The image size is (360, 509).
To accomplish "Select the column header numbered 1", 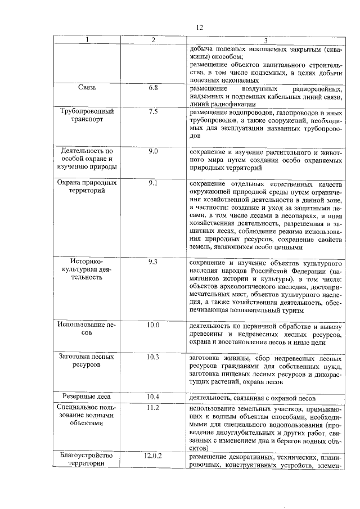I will pyautogui.click(x=87, y=40).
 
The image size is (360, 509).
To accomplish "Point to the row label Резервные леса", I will pyautogui.click(x=87, y=396).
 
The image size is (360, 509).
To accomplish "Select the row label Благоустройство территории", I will pyautogui.click(x=87, y=460).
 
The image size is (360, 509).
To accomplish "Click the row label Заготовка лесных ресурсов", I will pyautogui.click(x=87, y=361).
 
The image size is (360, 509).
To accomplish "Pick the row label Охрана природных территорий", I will pyautogui.click(x=87, y=187).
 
